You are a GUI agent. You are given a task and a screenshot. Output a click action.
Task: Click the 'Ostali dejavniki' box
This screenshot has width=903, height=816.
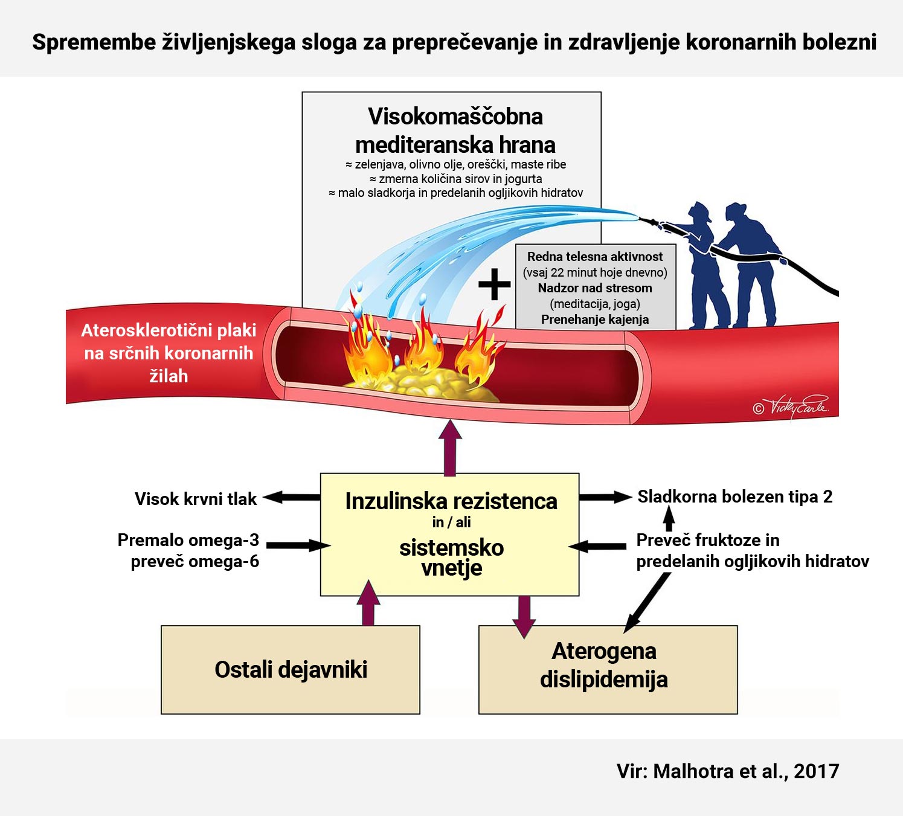pyautogui.click(x=291, y=669)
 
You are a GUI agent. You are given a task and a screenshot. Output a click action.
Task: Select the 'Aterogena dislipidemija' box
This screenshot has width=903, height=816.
pyautogui.click(x=608, y=669)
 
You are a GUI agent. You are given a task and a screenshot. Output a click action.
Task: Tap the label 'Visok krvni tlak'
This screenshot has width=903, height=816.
pyautogui.click(x=195, y=499)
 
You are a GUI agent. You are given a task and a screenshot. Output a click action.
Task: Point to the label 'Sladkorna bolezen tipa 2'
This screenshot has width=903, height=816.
pyautogui.click(x=735, y=496)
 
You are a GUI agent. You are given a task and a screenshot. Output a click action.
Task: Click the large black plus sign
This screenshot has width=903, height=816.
pyautogui.click(x=494, y=284)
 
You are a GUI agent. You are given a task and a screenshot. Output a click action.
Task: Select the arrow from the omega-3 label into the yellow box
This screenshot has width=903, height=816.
pyautogui.click(x=297, y=545)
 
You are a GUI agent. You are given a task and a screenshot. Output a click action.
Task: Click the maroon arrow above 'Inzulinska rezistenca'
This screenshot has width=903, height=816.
pyautogui.click(x=449, y=447)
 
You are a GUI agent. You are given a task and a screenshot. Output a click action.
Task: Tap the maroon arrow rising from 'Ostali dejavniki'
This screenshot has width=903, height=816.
pyautogui.click(x=368, y=603)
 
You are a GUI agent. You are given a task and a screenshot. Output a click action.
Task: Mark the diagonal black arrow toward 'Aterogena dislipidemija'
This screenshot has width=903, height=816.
pyautogui.click(x=648, y=602)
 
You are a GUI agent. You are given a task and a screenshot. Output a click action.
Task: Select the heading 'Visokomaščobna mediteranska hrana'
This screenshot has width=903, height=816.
pyautogui.click(x=455, y=130)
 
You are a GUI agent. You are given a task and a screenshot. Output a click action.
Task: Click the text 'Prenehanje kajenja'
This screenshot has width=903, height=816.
pyautogui.click(x=595, y=320)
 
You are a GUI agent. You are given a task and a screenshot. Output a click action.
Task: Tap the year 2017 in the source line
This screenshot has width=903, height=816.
pyautogui.click(x=816, y=771)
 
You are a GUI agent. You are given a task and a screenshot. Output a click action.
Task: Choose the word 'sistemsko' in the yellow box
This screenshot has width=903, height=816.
pyautogui.click(x=451, y=548)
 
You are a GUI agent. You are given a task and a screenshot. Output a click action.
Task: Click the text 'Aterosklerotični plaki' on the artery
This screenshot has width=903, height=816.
pyautogui.click(x=169, y=330)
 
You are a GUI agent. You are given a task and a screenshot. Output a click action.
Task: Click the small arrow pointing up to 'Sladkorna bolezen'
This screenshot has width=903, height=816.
pyautogui.click(x=669, y=518)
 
